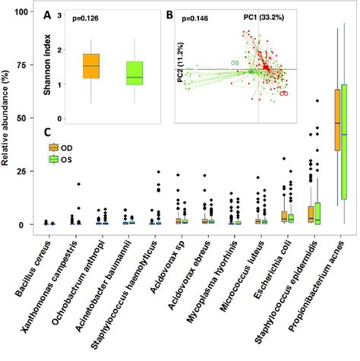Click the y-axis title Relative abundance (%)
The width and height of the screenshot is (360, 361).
(8, 118)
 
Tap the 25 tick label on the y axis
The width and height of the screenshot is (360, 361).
(29, 172)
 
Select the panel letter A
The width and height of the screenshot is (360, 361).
(48, 15)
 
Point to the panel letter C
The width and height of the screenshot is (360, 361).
(47, 134)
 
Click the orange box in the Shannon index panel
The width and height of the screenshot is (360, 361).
(91, 66)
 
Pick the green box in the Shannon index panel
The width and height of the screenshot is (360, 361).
(134, 73)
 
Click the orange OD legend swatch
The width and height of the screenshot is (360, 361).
(54, 147)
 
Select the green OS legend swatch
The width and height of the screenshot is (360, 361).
(54, 159)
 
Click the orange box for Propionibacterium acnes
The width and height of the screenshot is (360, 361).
(337, 119)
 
